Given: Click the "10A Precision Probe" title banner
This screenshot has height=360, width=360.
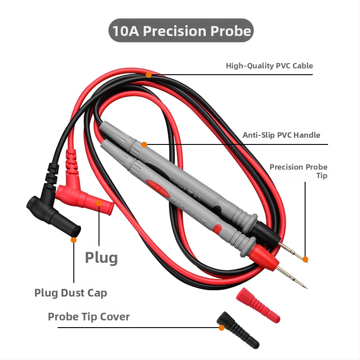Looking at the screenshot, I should [181, 31].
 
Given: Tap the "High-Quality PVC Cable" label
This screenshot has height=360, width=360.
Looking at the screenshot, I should [269, 66].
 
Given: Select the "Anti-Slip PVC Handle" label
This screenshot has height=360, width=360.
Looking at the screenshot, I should [281, 135].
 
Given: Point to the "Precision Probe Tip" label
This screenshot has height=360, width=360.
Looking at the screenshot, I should [298, 171].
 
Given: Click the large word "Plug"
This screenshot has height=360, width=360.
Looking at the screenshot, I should [101, 258].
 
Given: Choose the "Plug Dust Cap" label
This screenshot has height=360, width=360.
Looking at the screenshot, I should [71, 293].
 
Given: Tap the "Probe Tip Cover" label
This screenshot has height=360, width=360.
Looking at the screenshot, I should [89, 317].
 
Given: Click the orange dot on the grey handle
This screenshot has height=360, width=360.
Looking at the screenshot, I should [144, 144].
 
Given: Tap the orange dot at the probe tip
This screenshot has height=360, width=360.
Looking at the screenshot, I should [305, 259].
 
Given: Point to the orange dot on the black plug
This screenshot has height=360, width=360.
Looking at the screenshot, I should [73, 240].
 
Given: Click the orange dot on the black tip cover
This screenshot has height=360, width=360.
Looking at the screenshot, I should [221, 328].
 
